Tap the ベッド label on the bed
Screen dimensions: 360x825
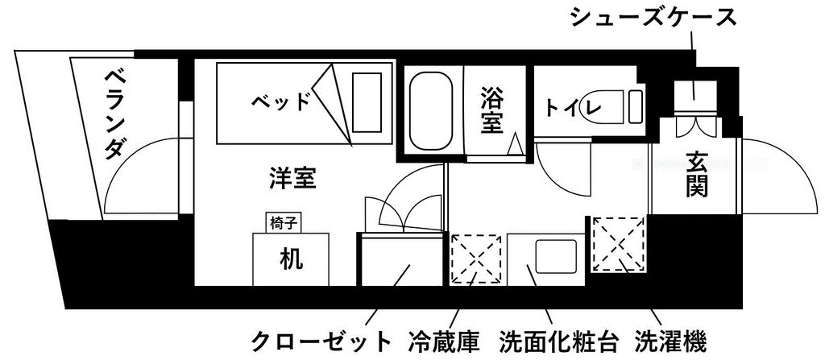click(x=280, y=101)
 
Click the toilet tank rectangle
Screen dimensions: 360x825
click(x=636, y=106)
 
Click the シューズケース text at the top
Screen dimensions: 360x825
click(x=653, y=17)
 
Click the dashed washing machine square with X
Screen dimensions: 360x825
click(x=620, y=244)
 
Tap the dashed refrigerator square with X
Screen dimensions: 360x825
click(x=475, y=259)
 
